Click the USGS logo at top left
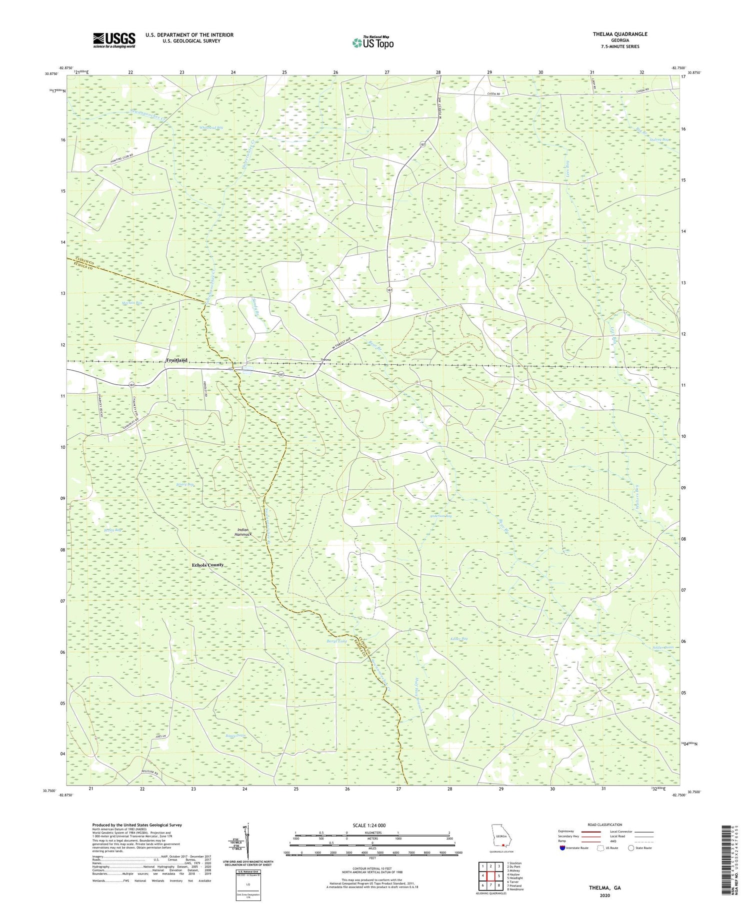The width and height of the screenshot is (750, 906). point(114,40)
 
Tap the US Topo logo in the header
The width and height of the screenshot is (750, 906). point(372,42)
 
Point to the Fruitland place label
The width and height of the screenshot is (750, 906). point(176,360)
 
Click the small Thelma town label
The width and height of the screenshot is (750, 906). point(325,360)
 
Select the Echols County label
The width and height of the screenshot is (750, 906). point(207,565)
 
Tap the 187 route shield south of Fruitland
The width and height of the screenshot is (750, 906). point(131,384)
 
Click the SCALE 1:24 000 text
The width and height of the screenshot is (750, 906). point(372,825)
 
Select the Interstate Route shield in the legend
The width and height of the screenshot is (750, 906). point(562,848)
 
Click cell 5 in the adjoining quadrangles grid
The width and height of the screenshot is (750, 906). point(499,876)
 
